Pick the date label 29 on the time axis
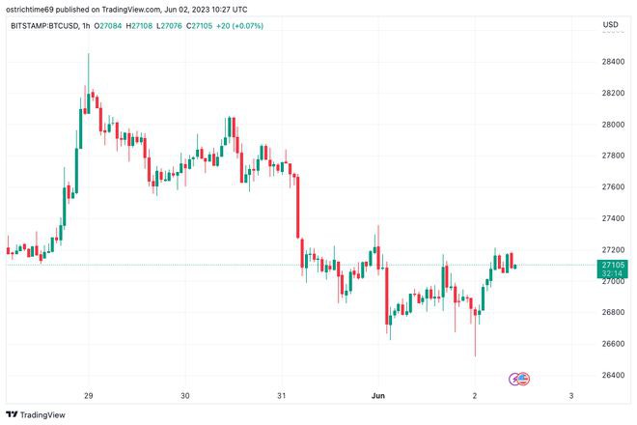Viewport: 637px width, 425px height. [88, 395]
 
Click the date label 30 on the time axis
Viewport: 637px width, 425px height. [185, 395]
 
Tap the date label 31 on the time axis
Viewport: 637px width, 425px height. [282, 395]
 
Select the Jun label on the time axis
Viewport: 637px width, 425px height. [377, 395]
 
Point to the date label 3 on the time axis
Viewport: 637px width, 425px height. [571, 395]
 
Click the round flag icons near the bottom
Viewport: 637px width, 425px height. [519, 378]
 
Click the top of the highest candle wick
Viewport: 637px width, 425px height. [88, 54]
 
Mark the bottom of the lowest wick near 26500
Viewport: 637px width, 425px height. [475, 355]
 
